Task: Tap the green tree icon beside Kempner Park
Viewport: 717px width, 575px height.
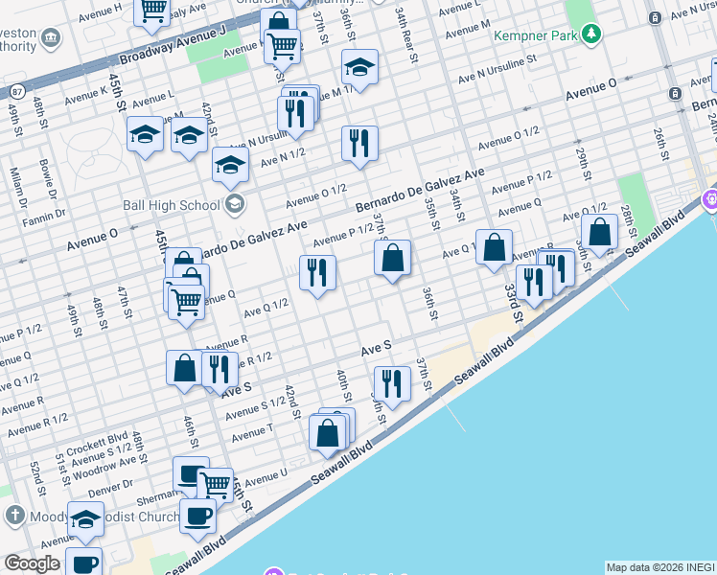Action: [x=592, y=35]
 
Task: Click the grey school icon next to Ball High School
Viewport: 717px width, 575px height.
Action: [x=234, y=203]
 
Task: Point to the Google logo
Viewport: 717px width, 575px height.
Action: [x=32, y=563]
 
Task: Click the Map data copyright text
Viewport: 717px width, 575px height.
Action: [x=660, y=567]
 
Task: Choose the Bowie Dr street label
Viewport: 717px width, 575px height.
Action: [x=46, y=180]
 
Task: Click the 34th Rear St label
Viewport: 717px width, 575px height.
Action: [x=407, y=29]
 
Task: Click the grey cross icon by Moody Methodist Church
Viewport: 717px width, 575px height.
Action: [x=13, y=516]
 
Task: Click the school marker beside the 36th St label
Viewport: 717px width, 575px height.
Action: [x=359, y=66]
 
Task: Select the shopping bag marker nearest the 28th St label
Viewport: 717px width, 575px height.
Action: [x=599, y=232]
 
